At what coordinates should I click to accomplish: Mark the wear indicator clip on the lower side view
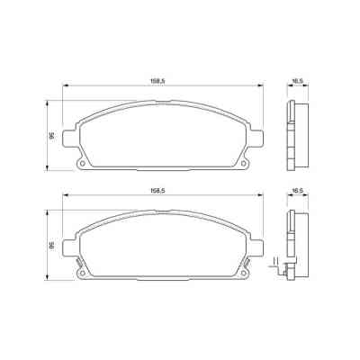(x=286, y=268)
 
